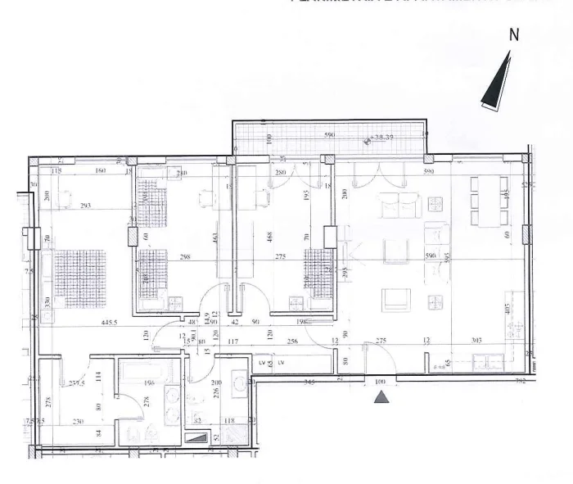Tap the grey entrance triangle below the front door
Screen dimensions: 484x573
380,398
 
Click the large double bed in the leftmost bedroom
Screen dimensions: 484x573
80,274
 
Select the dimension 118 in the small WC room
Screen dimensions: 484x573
232,422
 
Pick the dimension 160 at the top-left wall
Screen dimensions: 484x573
100,171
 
